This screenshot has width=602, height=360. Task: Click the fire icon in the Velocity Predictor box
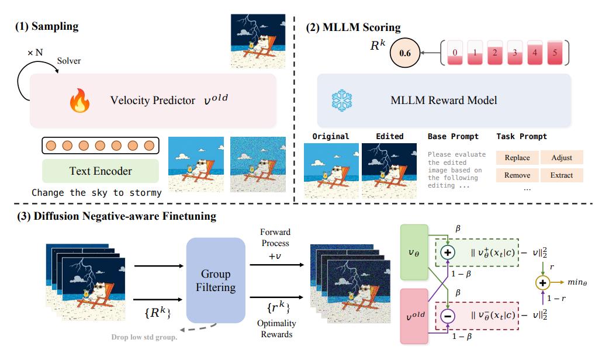tap(79, 101)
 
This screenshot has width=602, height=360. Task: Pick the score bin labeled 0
tap(454, 52)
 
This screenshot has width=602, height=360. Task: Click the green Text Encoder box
tap(100, 171)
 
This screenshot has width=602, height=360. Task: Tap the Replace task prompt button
tap(517, 157)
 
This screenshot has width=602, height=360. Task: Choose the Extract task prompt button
tap(561, 175)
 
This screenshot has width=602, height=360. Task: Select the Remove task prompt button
tap(517, 175)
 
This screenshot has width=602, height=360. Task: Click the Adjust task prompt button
tap(561, 157)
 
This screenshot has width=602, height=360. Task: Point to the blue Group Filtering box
tap(216, 280)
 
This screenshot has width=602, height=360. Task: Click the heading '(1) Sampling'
tap(46, 26)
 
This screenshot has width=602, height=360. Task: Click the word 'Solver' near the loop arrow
tap(68, 60)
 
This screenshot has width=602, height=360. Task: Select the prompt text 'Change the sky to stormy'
tap(96, 192)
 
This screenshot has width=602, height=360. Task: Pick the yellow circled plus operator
tap(542, 282)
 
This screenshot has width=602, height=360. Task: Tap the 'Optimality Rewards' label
tap(276, 328)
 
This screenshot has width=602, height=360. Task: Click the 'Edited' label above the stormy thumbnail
tap(389, 136)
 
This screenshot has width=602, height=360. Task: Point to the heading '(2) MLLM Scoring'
tap(354, 27)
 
